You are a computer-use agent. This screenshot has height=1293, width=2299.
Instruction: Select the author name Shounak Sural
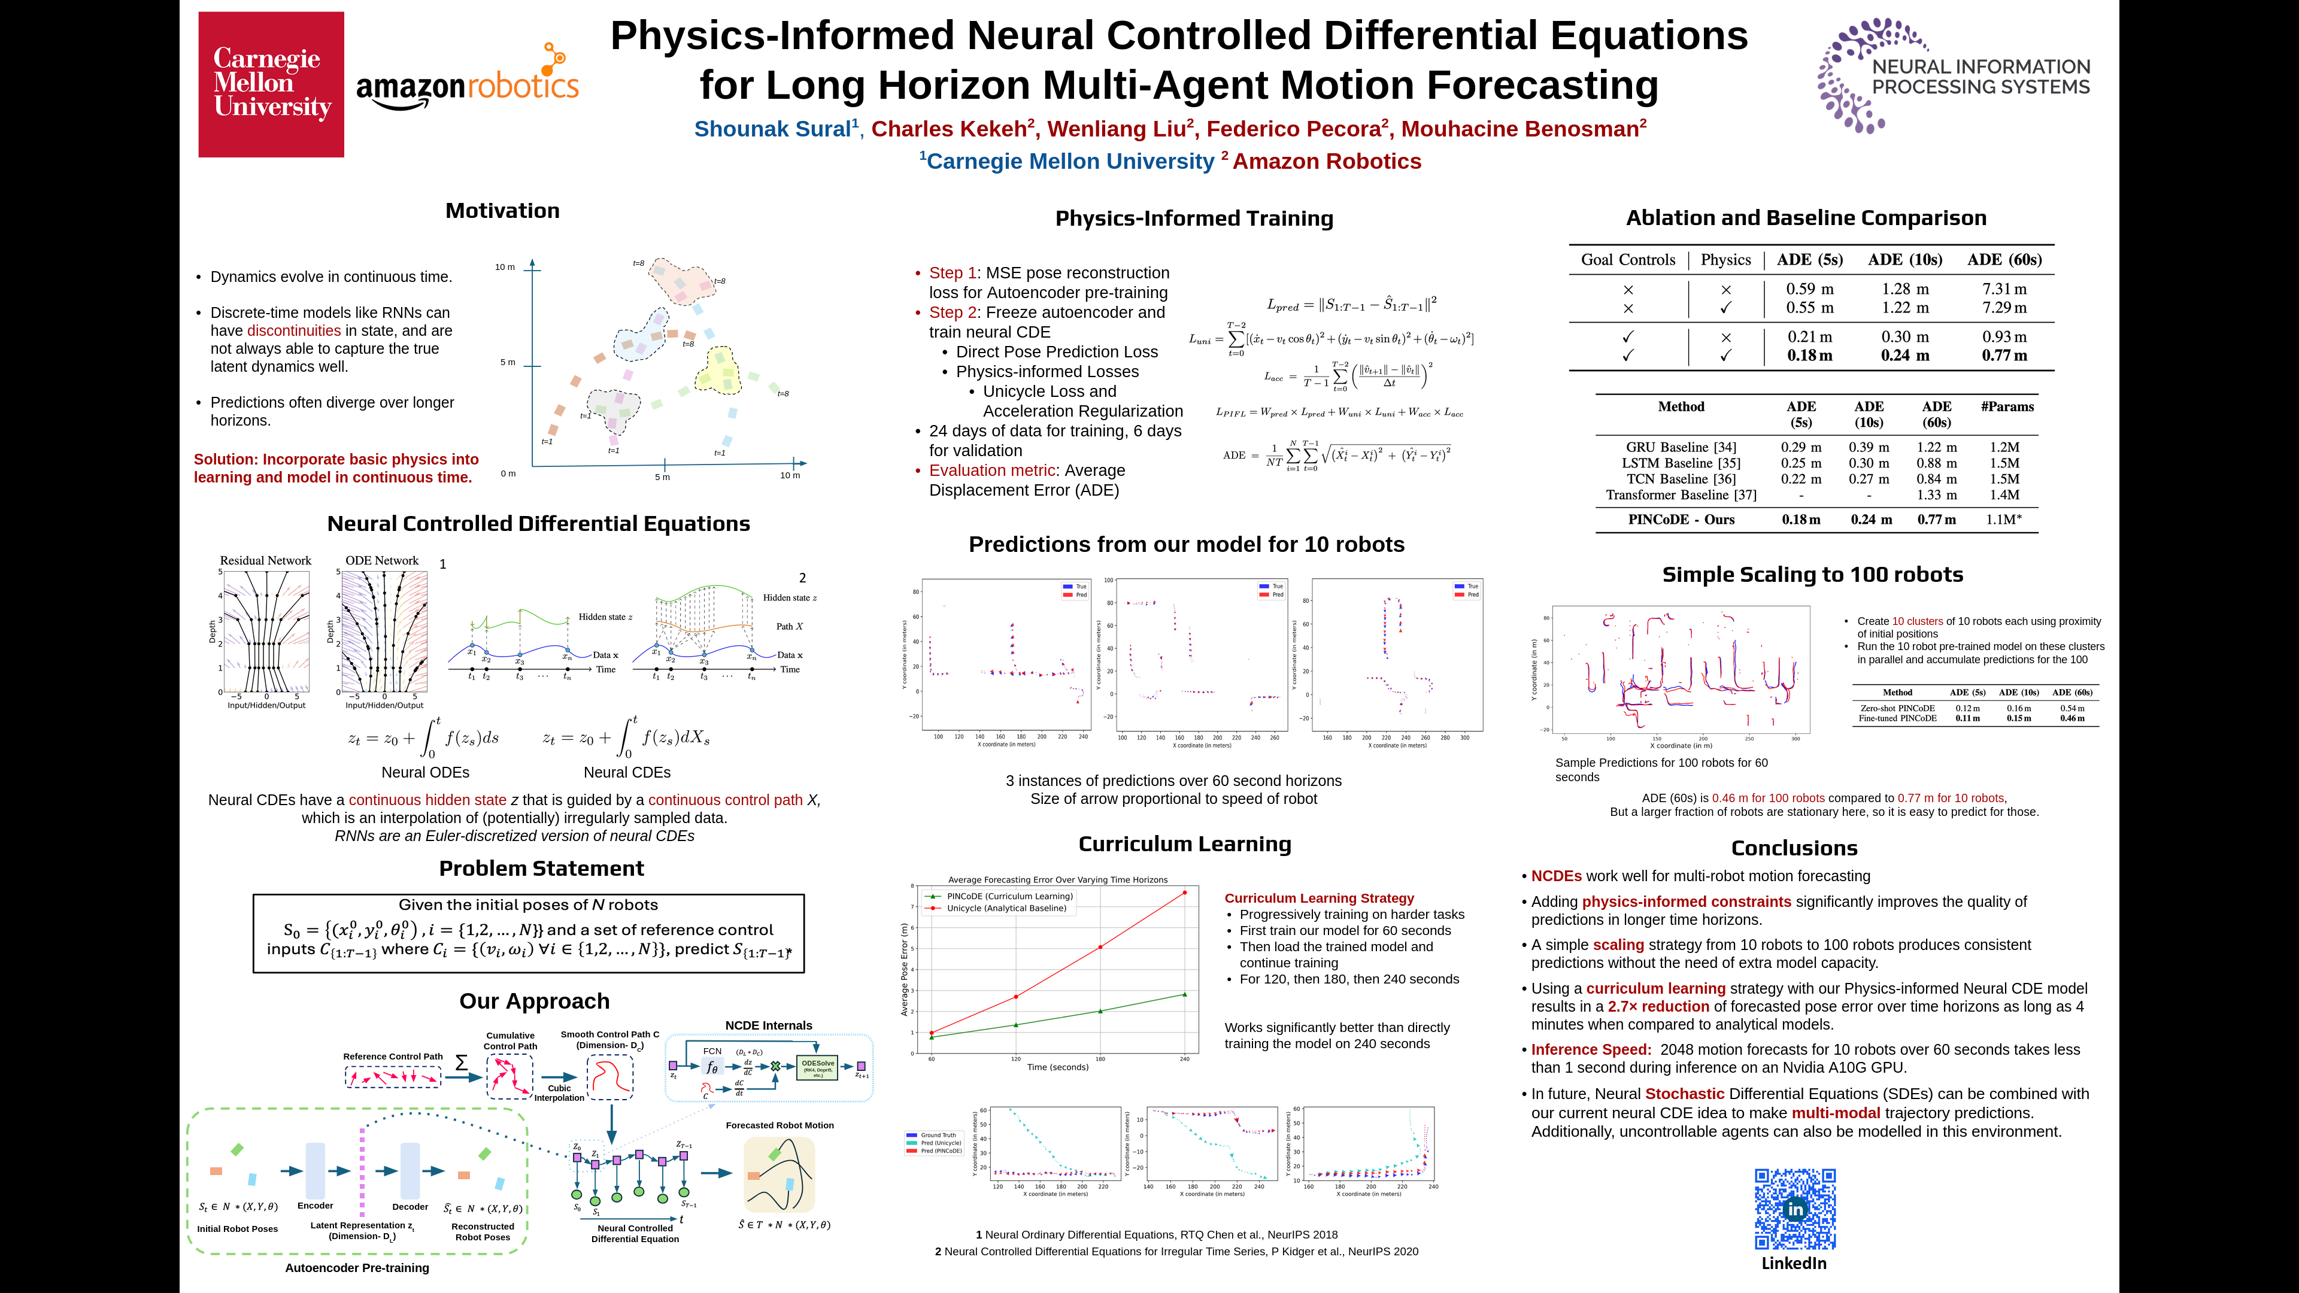pyautogui.click(x=773, y=129)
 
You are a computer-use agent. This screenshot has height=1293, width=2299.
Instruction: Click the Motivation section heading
pyautogui.click(x=502, y=211)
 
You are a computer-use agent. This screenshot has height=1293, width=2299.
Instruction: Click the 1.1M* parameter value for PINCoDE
pyautogui.click(x=2004, y=520)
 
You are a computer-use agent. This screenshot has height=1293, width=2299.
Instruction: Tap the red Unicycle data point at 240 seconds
pyautogui.click(x=1184, y=893)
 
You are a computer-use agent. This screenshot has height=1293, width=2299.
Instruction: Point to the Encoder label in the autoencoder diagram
pyautogui.click(x=315, y=1206)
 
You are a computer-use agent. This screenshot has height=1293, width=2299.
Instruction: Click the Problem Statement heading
pyautogui.click(x=541, y=868)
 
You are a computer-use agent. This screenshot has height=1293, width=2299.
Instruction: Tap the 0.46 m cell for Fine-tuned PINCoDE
pyautogui.click(x=2072, y=718)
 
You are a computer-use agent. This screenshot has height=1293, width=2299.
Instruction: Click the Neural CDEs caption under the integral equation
pyautogui.click(x=626, y=773)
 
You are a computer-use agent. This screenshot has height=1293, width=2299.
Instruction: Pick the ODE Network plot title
pyautogui.click(x=382, y=560)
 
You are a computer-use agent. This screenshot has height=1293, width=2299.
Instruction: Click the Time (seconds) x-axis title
pyautogui.click(x=1057, y=1067)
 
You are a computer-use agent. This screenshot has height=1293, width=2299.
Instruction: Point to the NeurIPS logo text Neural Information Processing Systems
pyautogui.click(x=1980, y=77)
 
